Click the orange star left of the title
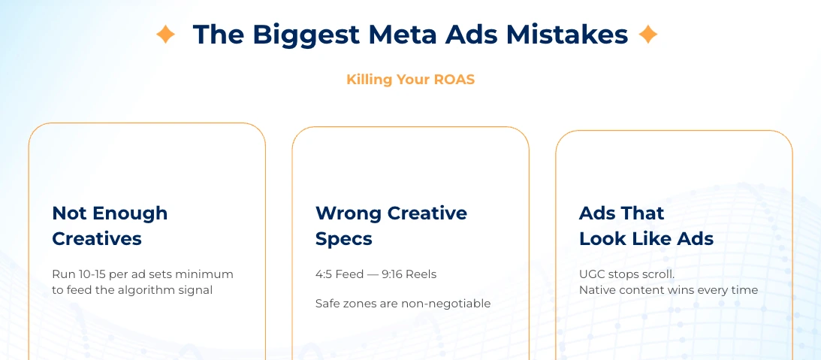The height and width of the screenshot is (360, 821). (165, 35)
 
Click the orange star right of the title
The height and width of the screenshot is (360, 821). (647, 35)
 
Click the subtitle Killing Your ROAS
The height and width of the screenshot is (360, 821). (410, 79)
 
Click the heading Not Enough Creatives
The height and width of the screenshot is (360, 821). (110, 225)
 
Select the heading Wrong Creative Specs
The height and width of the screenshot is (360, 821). (391, 225)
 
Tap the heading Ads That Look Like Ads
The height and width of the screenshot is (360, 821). (646, 225)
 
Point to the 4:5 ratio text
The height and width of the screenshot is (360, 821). (324, 274)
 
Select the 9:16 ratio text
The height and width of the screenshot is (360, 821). (393, 274)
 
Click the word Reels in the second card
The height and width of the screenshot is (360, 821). (421, 274)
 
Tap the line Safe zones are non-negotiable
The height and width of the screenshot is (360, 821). (403, 304)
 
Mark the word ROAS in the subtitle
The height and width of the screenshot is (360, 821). (454, 79)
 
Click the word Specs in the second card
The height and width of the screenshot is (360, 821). (344, 239)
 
